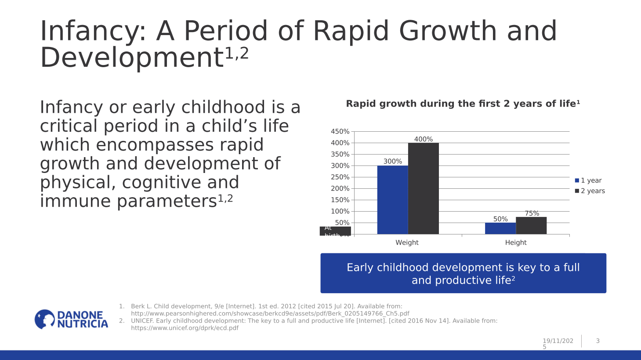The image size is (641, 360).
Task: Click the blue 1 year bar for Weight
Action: [x=392, y=200]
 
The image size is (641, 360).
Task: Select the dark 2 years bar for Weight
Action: [x=423, y=189]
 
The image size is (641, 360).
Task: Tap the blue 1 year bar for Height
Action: [x=500, y=228]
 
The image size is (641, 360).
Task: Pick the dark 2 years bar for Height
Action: [x=531, y=226]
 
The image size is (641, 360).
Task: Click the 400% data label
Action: [x=423, y=139]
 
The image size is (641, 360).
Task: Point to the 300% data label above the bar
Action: [x=392, y=162]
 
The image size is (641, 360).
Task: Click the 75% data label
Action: [x=532, y=213]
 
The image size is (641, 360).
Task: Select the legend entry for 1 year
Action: [x=588, y=180]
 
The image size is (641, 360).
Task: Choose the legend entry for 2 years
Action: [x=590, y=191]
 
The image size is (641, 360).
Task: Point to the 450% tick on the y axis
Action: [x=340, y=132]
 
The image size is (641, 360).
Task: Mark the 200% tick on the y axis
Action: [x=340, y=189]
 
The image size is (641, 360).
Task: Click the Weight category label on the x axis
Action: [x=407, y=242]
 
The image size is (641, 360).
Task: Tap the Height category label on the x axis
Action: [x=515, y=242]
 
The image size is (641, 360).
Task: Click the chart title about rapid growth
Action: [x=463, y=104]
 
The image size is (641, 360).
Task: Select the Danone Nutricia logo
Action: [x=71, y=319]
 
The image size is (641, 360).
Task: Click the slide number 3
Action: [x=598, y=341]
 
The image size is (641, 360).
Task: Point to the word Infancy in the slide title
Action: [x=93, y=32]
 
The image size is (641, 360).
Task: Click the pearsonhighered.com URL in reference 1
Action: [x=270, y=313]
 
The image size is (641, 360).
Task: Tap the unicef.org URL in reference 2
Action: [x=185, y=328]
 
